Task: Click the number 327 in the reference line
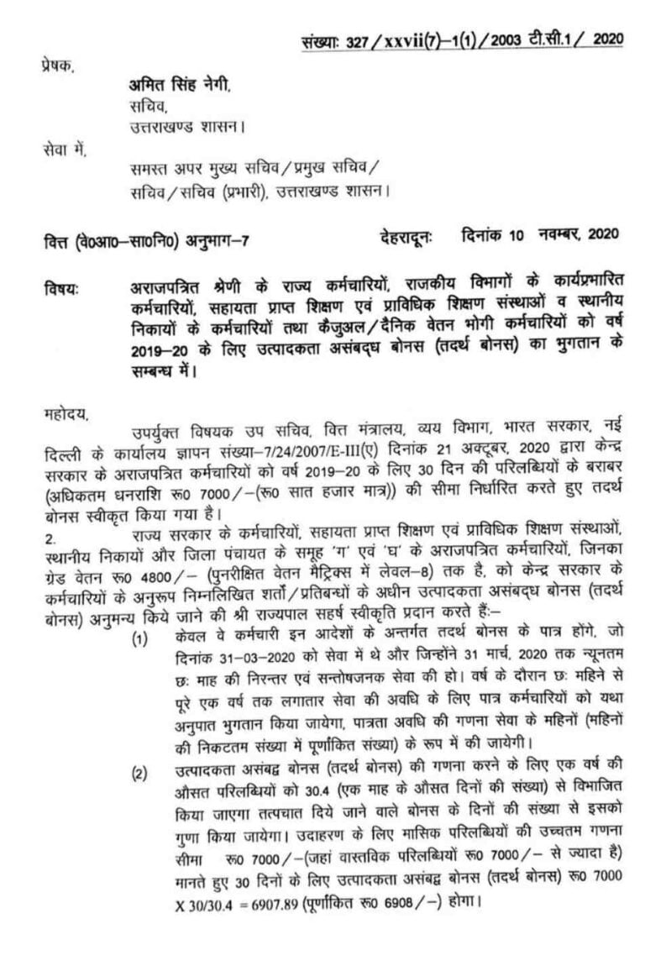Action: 375,40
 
